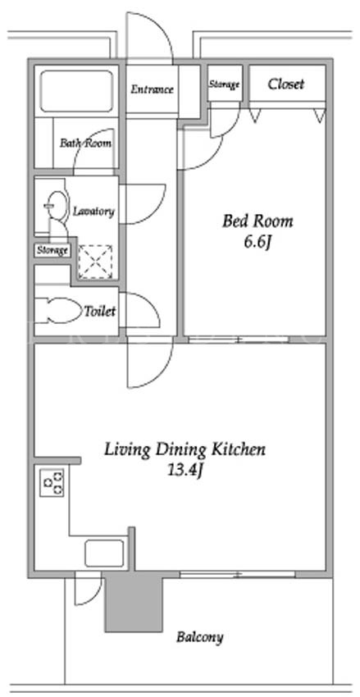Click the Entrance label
[x=152, y=89]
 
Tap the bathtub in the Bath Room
[x=76, y=91]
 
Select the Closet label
[x=286, y=84]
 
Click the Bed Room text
[x=257, y=221]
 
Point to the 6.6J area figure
[x=257, y=243]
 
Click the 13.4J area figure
[x=185, y=471]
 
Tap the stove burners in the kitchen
[x=52, y=483]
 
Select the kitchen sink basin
[x=104, y=553]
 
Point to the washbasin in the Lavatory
[x=56, y=205]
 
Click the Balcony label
[x=199, y=637]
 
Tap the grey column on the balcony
[x=134, y=604]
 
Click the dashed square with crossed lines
[x=95, y=262]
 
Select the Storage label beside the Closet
[x=225, y=84]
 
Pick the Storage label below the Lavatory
[x=52, y=250]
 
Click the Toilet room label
[x=100, y=311]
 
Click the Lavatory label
[x=93, y=211]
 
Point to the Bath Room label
[x=86, y=143]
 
